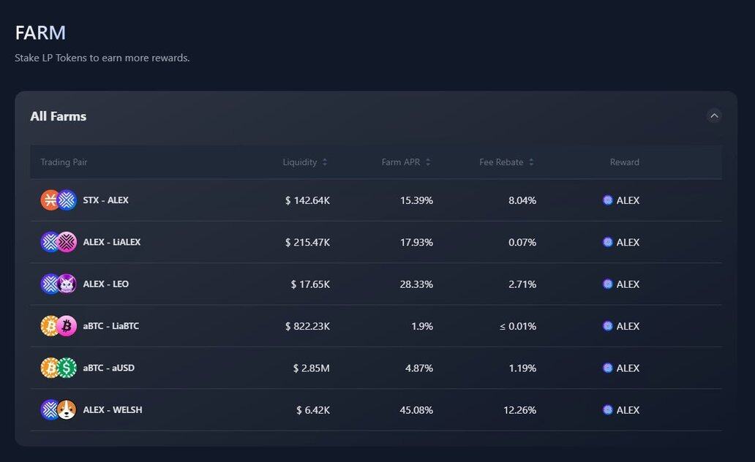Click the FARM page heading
click(40, 33)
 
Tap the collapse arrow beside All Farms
click(714, 115)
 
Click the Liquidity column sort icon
click(325, 162)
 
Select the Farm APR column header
click(401, 162)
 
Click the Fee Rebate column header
click(501, 162)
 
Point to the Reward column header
click(624, 162)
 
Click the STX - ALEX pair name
click(105, 200)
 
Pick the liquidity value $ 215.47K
click(307, 242)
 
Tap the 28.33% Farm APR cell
click(416, 284)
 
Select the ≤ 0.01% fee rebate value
click(518, 326)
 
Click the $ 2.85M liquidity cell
click(311, 368)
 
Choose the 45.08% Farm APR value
click(416, 410)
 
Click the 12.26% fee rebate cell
click(519, 410)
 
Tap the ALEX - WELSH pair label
click(112, 410)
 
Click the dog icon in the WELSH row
click(67, 410)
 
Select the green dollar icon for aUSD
click(67, 368)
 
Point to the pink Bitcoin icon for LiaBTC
click(67, 326)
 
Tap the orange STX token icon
click(50, 200)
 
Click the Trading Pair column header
click(64, 162)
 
